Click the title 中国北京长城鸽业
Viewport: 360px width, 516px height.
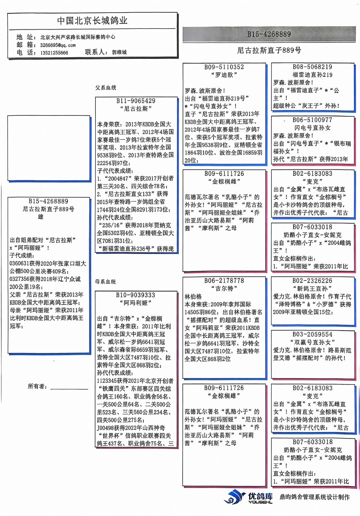coord(92,21)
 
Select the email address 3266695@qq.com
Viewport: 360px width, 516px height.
coord(58,45)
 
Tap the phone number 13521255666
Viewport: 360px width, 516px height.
coord(54,53)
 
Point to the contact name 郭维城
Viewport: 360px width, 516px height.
coord(119,52)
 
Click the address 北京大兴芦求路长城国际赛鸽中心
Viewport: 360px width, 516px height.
coord(78,37)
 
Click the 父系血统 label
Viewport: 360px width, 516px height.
coord(105,88)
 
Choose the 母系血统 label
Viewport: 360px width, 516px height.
coord(105,281)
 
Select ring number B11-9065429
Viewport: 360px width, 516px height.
coord(136,101)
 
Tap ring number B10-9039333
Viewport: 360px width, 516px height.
coord(135,295)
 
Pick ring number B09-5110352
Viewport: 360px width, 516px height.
coord(224,67)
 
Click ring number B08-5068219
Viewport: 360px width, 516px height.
coord(312,67)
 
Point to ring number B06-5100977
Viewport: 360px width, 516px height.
coord(312,120)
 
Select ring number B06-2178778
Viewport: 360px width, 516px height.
coord(224,280)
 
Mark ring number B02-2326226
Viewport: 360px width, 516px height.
coord(312,280)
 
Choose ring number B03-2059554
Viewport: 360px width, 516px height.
coord(312,334)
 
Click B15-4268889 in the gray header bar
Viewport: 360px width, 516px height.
coord(269,34)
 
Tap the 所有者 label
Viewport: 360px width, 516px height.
coord(37,386)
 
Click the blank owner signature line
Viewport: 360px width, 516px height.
coord(69,388)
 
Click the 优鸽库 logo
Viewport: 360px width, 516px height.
coord(248,497)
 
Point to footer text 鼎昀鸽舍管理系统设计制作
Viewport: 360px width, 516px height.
coord(314,497)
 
